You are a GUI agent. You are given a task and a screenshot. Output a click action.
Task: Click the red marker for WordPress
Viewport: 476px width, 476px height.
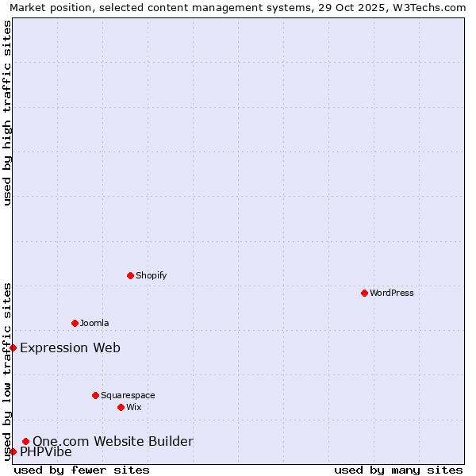click(364, 293)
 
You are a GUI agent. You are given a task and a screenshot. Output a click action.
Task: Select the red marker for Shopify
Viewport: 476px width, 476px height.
click(130, 275)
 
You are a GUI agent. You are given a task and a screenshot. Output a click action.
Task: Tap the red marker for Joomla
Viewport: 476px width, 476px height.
click(75, 323)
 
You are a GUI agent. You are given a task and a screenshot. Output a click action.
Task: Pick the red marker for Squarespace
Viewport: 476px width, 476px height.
click(95, 395)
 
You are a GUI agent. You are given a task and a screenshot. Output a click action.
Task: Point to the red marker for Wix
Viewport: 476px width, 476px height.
click(121, 407)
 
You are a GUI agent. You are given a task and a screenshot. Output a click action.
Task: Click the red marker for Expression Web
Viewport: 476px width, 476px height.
click(13, 347)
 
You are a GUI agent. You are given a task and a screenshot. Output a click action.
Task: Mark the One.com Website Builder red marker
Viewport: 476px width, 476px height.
click(25, 441)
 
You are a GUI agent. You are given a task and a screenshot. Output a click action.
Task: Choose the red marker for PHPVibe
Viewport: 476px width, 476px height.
click(13, 451)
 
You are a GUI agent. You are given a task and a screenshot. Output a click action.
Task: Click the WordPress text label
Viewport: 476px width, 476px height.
click(392, 293)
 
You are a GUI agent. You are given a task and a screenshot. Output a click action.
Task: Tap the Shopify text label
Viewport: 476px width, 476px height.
click(151, 275)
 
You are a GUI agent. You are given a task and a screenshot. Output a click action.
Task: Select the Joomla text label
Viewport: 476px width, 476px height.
click(94, 323)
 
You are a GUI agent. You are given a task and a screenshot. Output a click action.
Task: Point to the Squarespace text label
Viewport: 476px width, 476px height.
click(128, 395)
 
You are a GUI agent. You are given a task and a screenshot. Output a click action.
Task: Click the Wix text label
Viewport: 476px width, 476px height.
click(133, 407)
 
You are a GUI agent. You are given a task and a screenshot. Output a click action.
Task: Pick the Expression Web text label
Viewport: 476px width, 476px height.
click(70, 347)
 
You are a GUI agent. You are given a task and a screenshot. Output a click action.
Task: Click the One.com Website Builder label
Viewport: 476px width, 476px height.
click(113, 441)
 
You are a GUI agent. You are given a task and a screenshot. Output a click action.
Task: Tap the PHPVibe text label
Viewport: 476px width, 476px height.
click(46, 452)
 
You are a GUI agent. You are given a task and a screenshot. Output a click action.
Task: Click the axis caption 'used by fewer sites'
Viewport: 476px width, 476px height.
click(82, 470)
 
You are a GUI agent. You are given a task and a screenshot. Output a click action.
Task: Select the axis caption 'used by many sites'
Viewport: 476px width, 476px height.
click(398, 470)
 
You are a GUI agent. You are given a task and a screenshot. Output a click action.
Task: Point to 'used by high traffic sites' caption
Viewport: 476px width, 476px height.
click(7, 113)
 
